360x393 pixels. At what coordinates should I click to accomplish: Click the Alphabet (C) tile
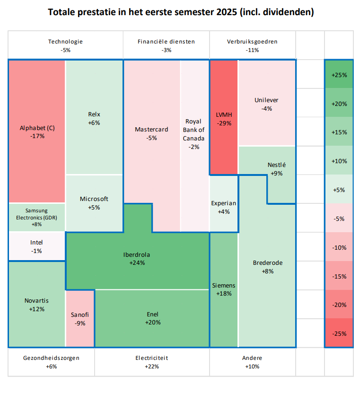[37, 131]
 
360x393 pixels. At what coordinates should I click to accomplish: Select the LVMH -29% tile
[224, 118]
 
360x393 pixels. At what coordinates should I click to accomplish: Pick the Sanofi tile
[80, 319]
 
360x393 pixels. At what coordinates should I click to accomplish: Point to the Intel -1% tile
[37, 247]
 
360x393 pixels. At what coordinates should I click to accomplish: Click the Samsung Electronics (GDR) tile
[37, 217]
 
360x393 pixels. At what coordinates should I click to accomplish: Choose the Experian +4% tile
[224, 207]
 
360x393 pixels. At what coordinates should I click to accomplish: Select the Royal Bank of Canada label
[194, 134]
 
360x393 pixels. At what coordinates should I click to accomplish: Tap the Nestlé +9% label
[277, 169]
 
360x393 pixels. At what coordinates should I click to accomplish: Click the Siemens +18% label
[224, 289]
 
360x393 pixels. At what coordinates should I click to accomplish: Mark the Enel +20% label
[152, 318]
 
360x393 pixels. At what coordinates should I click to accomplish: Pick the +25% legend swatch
[339, 75]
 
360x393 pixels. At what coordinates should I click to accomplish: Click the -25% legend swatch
[339, 333]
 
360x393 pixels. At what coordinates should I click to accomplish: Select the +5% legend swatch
[339, 190]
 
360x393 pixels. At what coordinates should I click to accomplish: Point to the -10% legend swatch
[339, 247]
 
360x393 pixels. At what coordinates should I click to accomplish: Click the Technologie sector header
[65, 45]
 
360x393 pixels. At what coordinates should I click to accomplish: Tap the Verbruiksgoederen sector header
[252, 45]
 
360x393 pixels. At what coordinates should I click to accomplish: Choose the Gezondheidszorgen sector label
[52, 362]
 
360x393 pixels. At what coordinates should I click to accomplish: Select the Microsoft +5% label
[94, 203]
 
